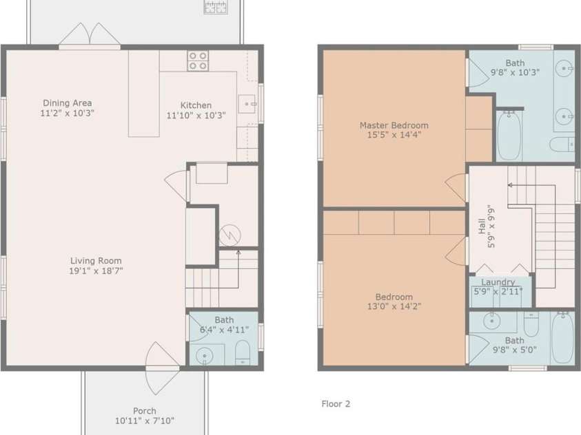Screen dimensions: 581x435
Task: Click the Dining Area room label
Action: tap(68, 103)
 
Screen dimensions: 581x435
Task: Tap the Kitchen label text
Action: tap(196, 105)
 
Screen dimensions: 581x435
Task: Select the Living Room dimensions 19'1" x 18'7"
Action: tap(96, 270)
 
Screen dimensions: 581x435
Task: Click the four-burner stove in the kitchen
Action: tap(198, 61)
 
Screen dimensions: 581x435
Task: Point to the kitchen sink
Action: tap(247, 105)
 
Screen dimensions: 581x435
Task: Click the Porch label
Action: tap(145, 411)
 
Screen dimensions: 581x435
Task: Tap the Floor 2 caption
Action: tap(336, 404)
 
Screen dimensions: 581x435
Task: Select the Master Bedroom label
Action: tap(394, 125)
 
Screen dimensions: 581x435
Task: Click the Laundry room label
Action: tap(498, 282)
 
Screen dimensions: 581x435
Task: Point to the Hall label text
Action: tap(482, 226)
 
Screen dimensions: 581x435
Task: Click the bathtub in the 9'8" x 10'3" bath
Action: tap(509, 136)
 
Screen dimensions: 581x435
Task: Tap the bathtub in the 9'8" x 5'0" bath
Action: tap(563, 337)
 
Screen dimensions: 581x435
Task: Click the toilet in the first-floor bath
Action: tap(243, 352)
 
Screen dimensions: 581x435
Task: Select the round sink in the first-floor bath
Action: tap(204, 356)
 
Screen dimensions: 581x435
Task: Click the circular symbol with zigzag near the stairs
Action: tap(230, 235)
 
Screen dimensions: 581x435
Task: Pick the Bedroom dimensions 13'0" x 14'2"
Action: tap(394, 306)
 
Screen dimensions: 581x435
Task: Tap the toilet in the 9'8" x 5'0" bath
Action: tap(531, 324)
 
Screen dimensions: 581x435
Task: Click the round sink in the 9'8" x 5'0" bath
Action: tap(492, 321)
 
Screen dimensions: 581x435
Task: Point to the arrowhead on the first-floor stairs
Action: tap(238, 253)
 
